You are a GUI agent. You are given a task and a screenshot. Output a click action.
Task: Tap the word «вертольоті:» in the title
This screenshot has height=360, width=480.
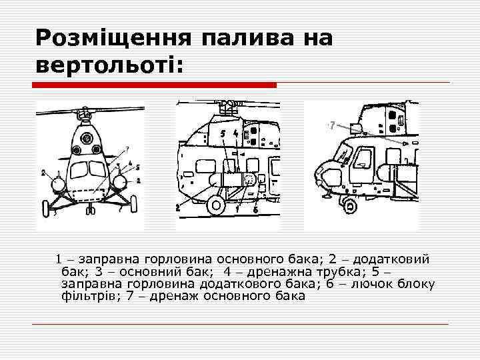(109, 65)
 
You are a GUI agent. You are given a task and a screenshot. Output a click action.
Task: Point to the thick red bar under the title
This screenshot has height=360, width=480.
(154, 85)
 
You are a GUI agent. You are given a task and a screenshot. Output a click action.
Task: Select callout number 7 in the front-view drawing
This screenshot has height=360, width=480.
(127, 150)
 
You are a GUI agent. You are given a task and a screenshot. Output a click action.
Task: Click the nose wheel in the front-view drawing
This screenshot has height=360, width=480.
(91, 210)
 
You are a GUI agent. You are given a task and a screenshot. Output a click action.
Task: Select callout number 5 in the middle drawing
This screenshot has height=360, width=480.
(223, 133)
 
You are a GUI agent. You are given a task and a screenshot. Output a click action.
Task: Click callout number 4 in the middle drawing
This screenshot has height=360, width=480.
(236, 133)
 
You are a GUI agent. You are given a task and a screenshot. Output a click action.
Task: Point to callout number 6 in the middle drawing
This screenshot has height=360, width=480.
(255, 210)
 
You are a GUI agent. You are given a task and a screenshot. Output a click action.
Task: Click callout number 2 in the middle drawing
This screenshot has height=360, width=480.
(178, 208)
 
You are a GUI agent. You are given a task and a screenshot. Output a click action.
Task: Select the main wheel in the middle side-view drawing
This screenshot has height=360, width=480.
(217, 205)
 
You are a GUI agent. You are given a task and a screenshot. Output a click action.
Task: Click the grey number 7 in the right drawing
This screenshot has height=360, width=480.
(333, 125)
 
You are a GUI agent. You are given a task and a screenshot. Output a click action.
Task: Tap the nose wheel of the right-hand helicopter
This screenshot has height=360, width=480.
(349, 206)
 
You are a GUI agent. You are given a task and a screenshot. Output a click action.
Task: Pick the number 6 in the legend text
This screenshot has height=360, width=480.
(330, 284)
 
